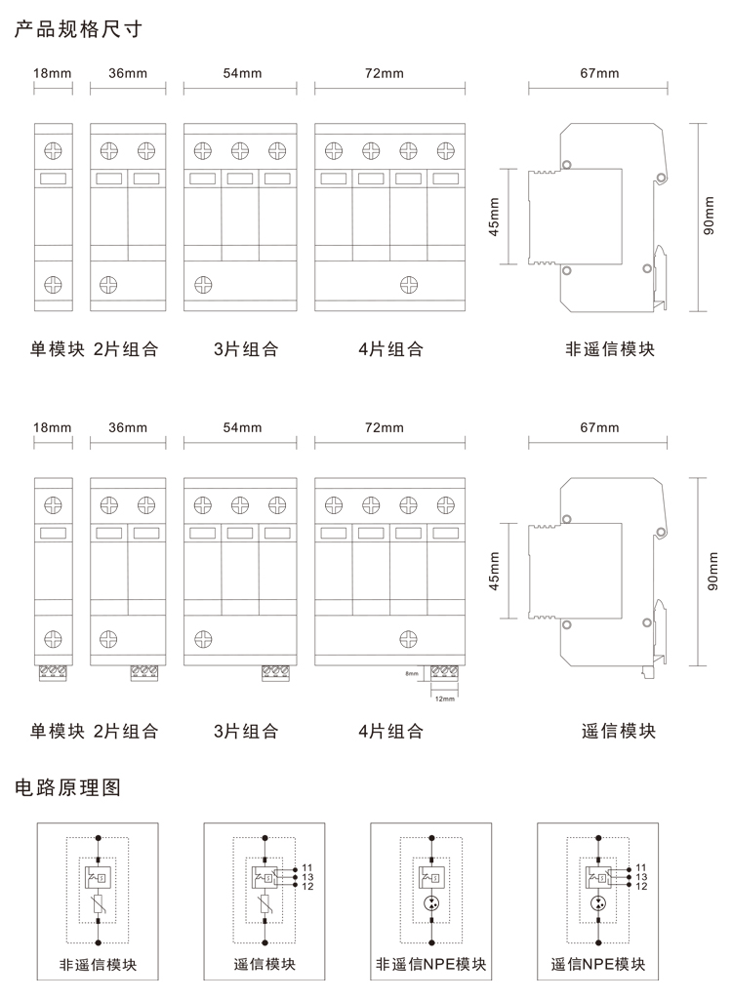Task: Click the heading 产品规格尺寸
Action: [x=78, y=29]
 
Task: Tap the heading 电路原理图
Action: [x=67, y=788]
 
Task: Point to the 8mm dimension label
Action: [x=411, y=673]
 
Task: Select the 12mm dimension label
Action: [x=444, y=698]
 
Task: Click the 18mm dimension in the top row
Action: [x=53, y=73]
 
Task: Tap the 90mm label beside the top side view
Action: [x=711, y=217]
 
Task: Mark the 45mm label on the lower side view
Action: [x=494, y=573]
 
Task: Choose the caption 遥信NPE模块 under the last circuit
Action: [x=597, y=966]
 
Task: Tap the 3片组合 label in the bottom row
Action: [x=246, y=731]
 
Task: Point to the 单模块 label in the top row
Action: [x=58, y=349]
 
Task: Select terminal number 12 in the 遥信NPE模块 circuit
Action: [x=641, y=885]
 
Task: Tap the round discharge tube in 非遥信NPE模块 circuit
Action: [x=431, y=909]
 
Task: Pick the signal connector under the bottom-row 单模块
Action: [x=53, y=671]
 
